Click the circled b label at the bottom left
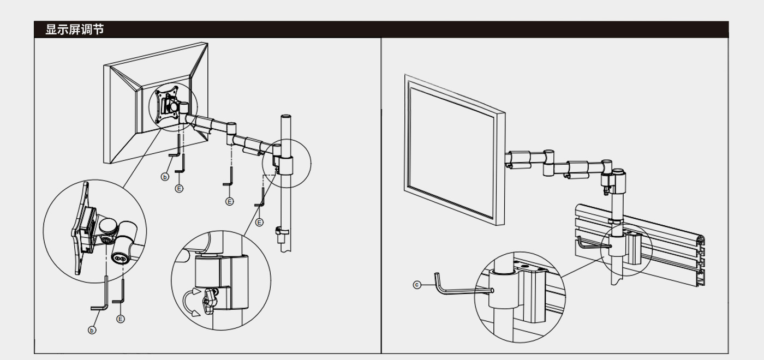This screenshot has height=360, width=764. coord(92,329)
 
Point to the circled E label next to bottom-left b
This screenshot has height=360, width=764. coord(121,319)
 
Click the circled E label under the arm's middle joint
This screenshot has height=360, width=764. coord(230,201)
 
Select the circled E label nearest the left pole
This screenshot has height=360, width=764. coord(259,222)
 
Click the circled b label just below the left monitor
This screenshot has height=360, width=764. coord(165,177)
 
